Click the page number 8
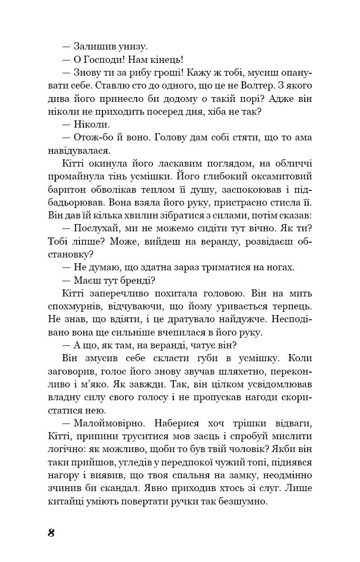click(x=51, y=533)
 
